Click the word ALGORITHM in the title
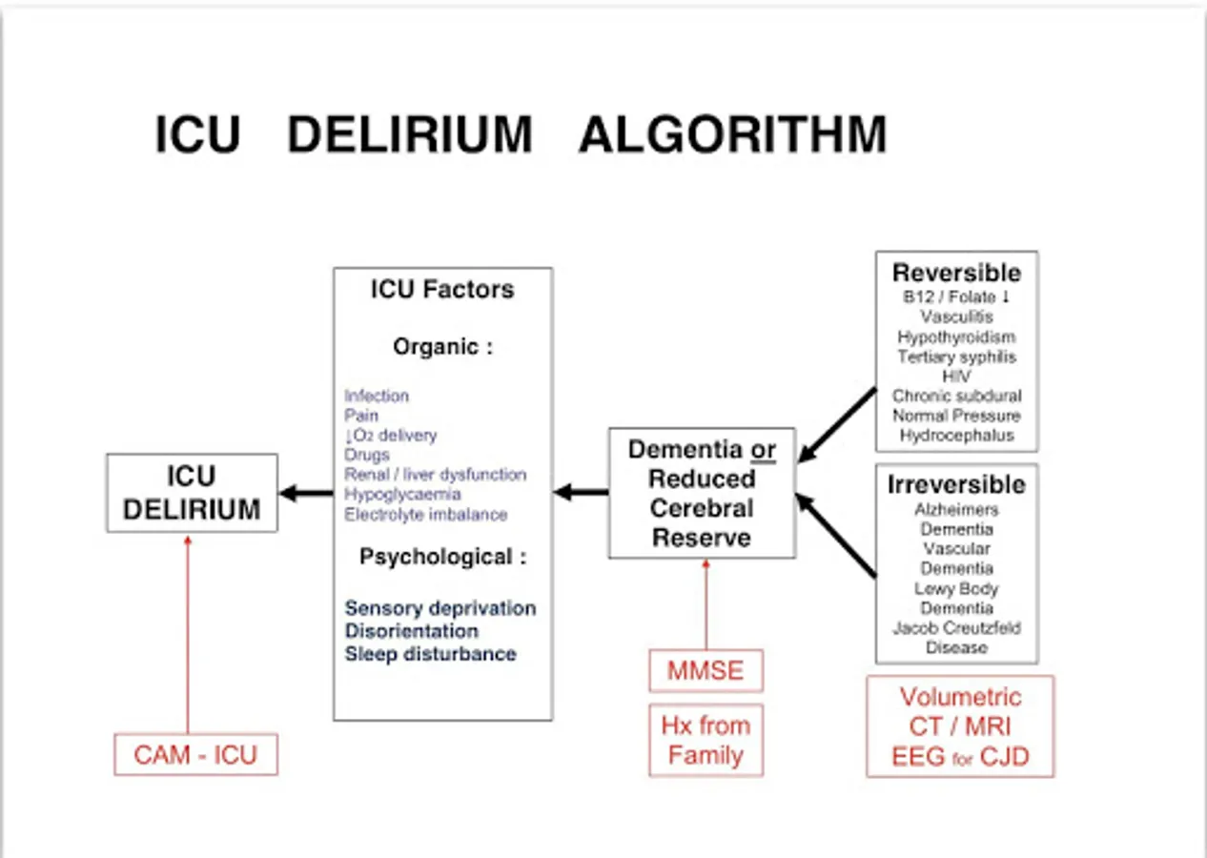(732, 135)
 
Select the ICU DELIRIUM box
(192, 493)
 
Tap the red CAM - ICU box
(195, 755)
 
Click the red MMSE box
(706, 670)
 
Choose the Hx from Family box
(706, 741)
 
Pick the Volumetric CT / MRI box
(960, 726)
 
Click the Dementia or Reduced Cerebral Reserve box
(702, 493)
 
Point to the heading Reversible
(956, 273)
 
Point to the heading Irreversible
(956, 484)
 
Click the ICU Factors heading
(442, 290)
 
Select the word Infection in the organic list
(377, 396)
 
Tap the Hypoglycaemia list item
(402, 495)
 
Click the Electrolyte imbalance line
(426, 515)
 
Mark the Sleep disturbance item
(430, 654)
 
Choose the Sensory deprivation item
(440, 608)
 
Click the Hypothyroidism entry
(956, 337)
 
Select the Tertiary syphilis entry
(956, 357)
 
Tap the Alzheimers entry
(956, 510)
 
